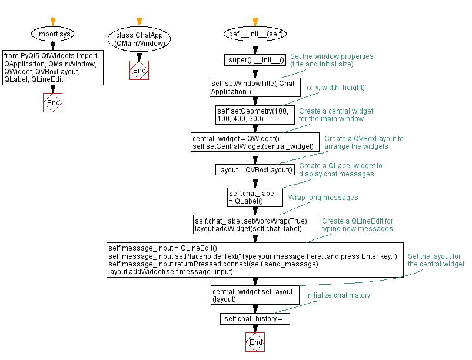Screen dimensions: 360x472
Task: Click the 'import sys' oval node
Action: click(53, 34)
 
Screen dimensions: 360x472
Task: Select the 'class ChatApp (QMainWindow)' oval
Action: click(139, 39)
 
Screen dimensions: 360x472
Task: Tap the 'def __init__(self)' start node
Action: click(255, 34)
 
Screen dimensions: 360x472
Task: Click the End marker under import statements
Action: click(53, 102)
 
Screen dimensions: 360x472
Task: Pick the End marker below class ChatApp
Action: click(139, 71)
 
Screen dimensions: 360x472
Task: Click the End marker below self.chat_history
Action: click(255, 342)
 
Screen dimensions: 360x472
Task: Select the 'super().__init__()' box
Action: click(255, 59)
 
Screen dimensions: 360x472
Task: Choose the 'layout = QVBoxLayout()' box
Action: click(255, 170)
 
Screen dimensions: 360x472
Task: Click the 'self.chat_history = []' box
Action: click(255, 319)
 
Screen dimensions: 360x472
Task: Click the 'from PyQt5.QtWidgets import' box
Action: click(53, 68)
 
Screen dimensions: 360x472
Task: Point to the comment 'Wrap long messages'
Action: click(323, 198)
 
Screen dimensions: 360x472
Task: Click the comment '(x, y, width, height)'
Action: click(335, 88)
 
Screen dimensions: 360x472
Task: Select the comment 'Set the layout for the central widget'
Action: click(436, 261)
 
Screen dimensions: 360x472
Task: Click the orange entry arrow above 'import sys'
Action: click(53, 22)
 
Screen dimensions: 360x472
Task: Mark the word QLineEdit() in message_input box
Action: click(199, 248)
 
